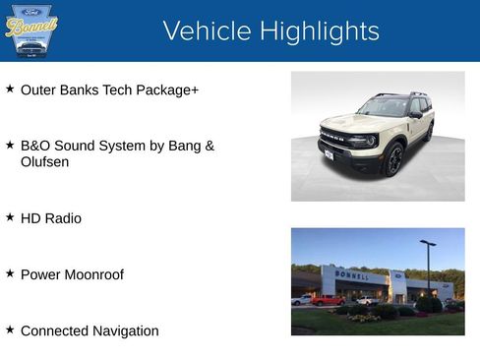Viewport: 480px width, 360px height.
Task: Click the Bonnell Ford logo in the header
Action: (x=30, y=30)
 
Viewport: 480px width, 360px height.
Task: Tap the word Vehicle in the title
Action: (x=206, y=30)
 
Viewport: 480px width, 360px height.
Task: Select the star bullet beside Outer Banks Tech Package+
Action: (x=10, y=89)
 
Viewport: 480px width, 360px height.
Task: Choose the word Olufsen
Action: (x=45, y=161)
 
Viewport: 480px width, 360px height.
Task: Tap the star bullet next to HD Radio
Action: (x=10, y=216)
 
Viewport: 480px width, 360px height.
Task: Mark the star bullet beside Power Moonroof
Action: (x=10, y=273)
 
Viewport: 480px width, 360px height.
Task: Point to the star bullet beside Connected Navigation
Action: (x=10, y=330)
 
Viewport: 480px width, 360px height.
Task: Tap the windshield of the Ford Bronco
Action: (x=385, y=107)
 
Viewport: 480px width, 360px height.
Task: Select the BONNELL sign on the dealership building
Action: (x=351, y=274)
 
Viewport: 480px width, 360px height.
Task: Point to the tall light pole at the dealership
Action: (x=428, y=266)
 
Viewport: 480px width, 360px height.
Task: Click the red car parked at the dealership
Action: (x=327, y=300)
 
